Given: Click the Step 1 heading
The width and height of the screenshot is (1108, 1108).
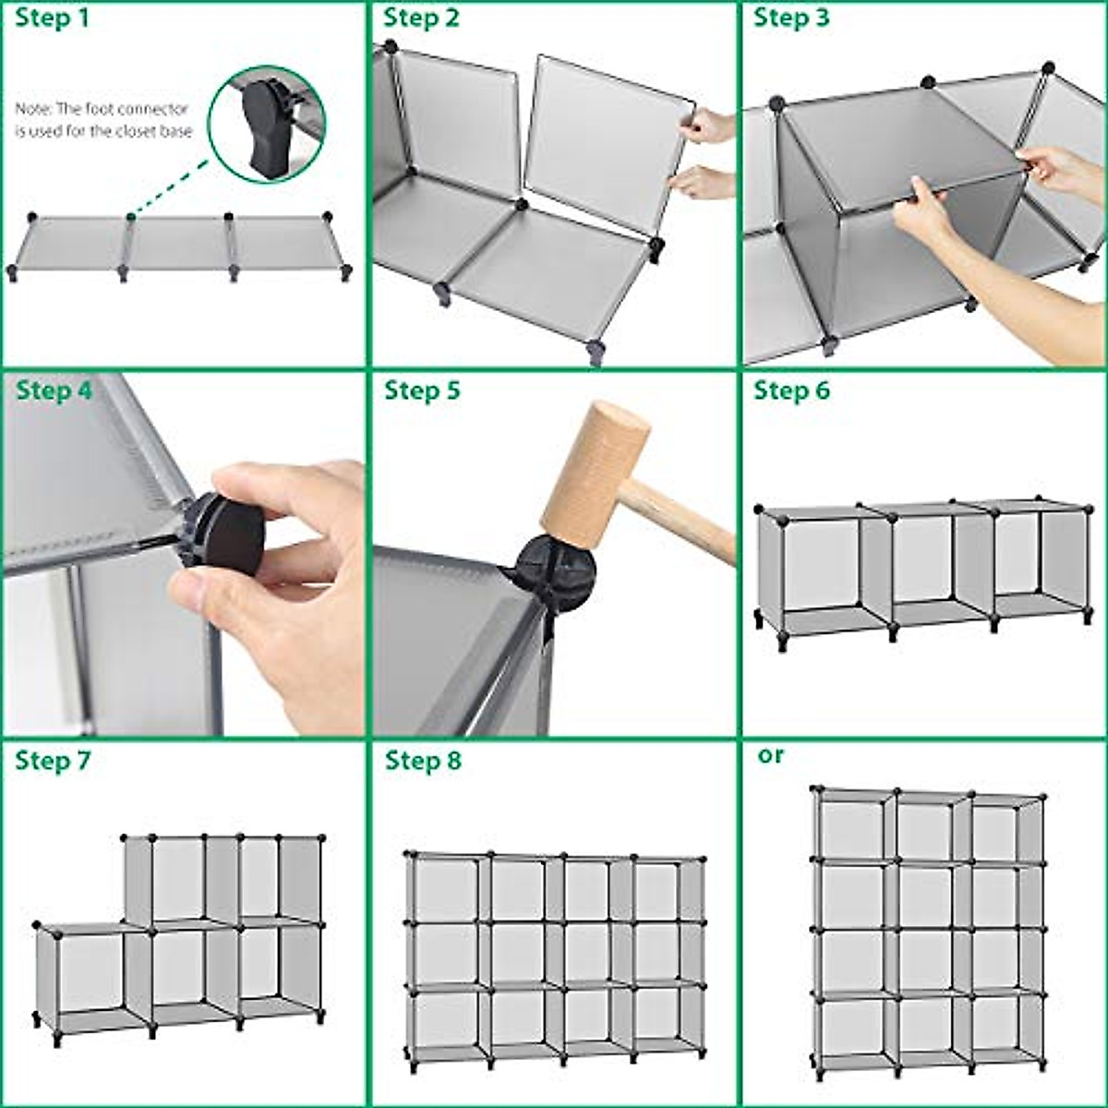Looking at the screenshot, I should [x=53, y=18].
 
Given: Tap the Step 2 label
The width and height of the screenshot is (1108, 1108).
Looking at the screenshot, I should [x=421, y=18].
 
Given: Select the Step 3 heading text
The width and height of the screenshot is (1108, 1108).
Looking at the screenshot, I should [x=791, y=18].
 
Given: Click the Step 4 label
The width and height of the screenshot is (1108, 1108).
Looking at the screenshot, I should [x=54, y=391].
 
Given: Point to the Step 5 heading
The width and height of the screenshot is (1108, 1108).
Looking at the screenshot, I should [x=422, y=391].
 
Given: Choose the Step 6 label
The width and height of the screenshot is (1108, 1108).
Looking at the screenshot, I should [x=791, y=391].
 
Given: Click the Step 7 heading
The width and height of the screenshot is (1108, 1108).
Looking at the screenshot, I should [x=54, y=762].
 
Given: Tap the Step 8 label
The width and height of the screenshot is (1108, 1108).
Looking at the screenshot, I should [x=423, y=762].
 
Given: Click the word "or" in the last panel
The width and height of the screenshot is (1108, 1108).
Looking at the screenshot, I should [x=770, y=755].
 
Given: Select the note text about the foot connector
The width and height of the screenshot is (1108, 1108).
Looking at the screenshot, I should [x=103, y=121].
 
